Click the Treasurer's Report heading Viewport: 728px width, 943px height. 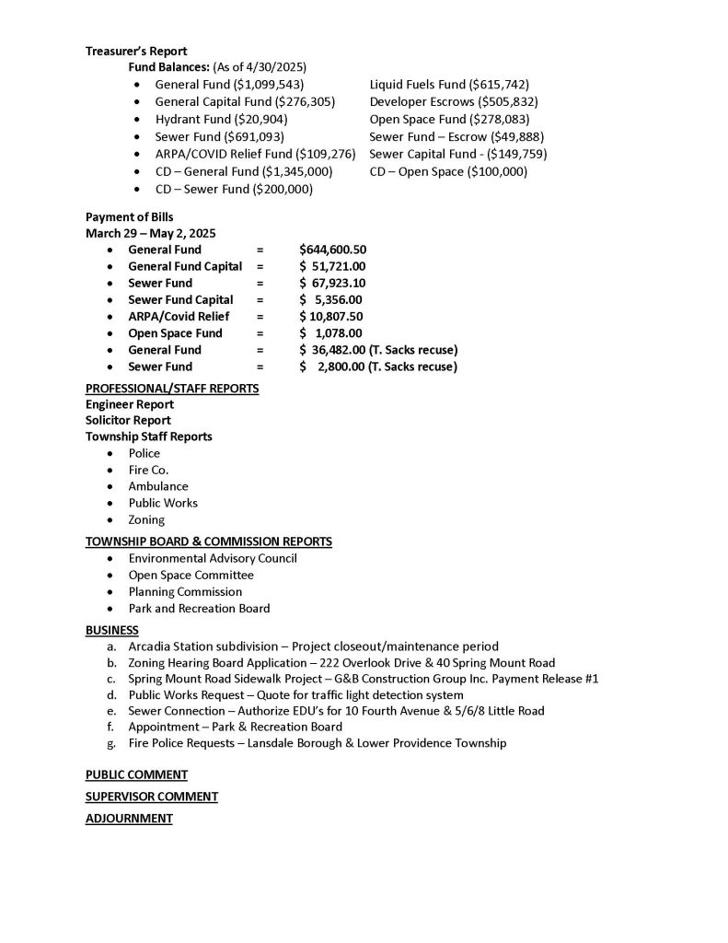136,51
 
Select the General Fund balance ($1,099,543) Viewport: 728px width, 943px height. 229,85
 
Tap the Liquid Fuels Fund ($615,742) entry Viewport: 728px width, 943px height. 449,85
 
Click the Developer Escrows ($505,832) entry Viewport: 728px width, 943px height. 454,102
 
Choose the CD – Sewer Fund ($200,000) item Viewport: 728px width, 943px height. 234,190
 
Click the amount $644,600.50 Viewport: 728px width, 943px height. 333,250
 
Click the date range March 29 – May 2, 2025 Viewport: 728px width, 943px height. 151,233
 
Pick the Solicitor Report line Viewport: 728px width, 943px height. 128,420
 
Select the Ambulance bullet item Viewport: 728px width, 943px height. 158,486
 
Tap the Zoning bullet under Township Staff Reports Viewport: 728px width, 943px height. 147,519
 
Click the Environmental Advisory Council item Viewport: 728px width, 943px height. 213,558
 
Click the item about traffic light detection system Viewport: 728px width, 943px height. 295,694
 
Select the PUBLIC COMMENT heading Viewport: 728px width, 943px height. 136,774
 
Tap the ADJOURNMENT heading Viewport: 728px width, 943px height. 129,818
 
